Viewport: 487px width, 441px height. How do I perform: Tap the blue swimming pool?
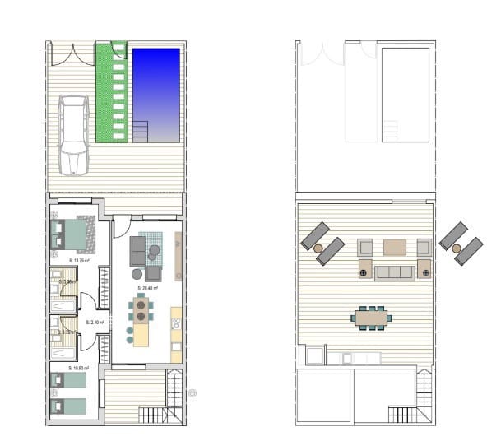point(155,92)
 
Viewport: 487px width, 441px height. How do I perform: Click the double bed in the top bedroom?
point(72,235)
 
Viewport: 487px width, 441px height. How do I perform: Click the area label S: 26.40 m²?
point(148,288)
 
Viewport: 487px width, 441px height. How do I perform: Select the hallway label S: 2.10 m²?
point(95,323)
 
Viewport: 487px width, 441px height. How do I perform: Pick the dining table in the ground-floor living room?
point(141,310)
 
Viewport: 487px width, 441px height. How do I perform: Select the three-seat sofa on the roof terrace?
point(395,272)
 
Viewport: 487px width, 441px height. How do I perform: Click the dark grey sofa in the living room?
point(137,249)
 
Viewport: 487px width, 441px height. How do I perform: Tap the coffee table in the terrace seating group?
point(395,246)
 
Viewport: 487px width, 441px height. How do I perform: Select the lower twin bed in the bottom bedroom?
point(68,405)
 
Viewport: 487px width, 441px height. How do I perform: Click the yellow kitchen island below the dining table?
point(141,333)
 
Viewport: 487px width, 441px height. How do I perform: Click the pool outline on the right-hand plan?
point(406,92)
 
